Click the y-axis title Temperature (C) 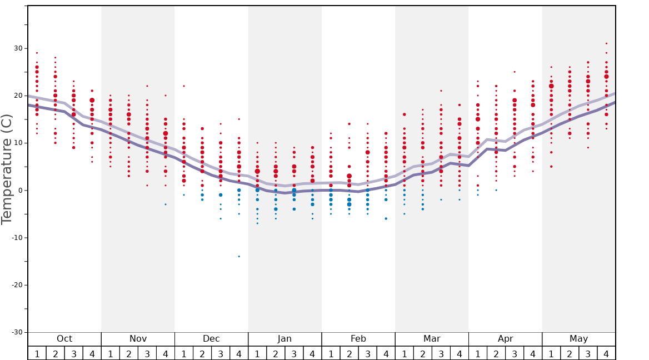pyautogui.click(x=7, y=169)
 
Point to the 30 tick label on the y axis pyautogui.click(x=18, y=48)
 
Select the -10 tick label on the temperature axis pyautogui.click(x=16, y=238)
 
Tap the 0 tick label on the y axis pyautogui.click(x=21, y=191)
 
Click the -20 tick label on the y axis pyautogui.click(x=16, y=285)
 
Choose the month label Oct pyautogui.click(x=64, y=339)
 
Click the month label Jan pyautogui.click(x=284, y=339)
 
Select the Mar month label pyautogui.click(x=432, y=339)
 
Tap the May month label pyautogui.click(x=578, y=339)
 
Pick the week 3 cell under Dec pyautogui.click(x=221, y=353)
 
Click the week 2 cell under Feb pyautogui.click(x=349, y=353)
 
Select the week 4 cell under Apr pyautogui.click(x=533, y=353)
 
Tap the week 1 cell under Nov pyautogui.click(x=111, y=353)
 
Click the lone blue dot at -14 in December pyautogui.click(x=239, y=257)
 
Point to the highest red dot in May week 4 pyautogui.click(x=606, y=43)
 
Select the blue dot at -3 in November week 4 pyautogui.click(x=166, y=204)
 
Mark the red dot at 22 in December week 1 pyautogui.click(x=184, y=86)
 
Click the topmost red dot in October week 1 pyautogui.click(x=37, y=53)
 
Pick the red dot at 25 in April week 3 pyautogui.click(x=515, y=72)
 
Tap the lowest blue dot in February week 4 pyautogui.click(x=386, y=219)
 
